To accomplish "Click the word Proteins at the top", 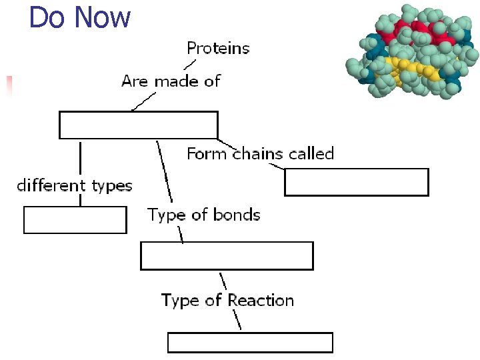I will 218,49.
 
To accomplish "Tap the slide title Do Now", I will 80,17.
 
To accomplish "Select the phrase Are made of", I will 171,81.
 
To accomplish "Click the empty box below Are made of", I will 139,125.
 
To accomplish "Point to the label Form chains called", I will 260,154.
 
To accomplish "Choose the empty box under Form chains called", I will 356,182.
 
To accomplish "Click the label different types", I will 74,186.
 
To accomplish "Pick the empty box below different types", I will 75,220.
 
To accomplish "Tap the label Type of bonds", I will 203,215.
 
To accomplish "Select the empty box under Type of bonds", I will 227,256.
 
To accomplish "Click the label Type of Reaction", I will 227,301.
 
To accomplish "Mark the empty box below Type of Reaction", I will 249,343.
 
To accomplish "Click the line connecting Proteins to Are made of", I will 190,65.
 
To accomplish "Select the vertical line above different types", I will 81,158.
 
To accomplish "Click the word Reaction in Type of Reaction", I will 261,301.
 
